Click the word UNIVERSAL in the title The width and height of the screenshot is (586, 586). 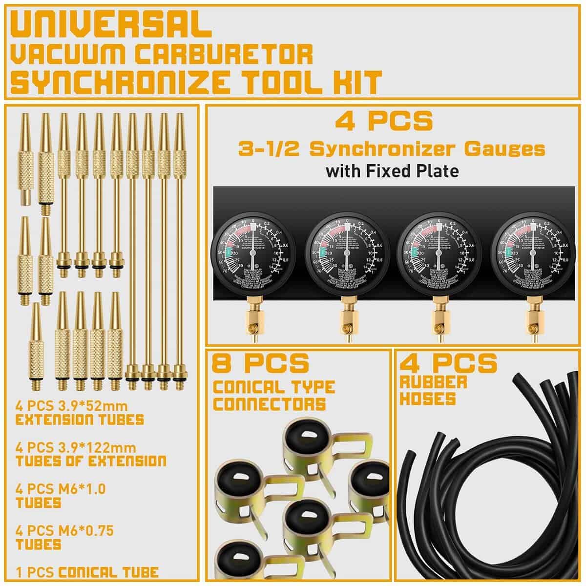pyautogui.click(x=111, y=25)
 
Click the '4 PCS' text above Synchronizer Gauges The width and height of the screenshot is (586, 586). pyautogui.click(x=384, y=121)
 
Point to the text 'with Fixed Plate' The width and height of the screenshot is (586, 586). pyautogui.click(x=392, y=171)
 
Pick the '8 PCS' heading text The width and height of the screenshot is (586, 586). pyautogui.click(x=260, y=363)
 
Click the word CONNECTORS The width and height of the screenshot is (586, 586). pyautogui.click(x=270, y=404)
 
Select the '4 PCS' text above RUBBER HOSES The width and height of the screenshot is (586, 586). pyautogui.click(x=448, y=363)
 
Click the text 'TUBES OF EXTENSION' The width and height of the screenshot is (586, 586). pyautogui.click(x=90, y=461)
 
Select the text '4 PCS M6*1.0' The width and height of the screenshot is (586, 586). pyautogui.click(x=61, y=488)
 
